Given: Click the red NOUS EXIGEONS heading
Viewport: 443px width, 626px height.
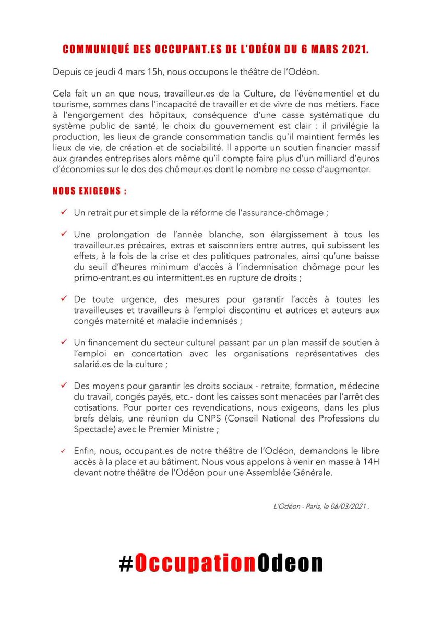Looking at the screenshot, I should (89, 191).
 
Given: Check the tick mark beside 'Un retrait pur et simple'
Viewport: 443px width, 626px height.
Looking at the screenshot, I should (63, 212).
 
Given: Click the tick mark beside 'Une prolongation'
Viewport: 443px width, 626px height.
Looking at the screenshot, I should (63, 234).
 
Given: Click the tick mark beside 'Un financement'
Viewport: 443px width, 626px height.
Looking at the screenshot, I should (63, 342).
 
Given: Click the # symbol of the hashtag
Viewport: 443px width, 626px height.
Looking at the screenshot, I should (127, 563).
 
